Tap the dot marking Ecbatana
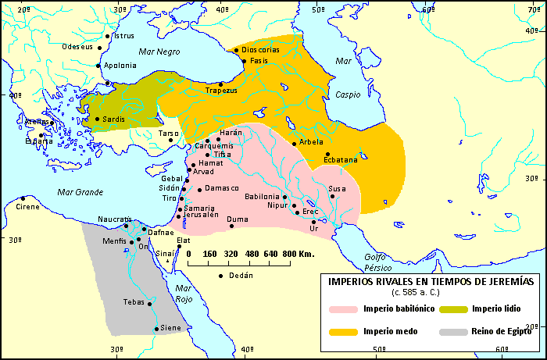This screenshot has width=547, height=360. pos(328,154)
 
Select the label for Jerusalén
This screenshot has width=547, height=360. pos(202,215)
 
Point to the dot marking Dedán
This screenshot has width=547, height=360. pos(222,276)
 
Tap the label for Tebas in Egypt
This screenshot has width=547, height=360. pos(134,301)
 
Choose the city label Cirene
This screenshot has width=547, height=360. pos(30,208)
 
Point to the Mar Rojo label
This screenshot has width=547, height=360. pos(183,294)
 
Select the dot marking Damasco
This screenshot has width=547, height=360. pos(200,190)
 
